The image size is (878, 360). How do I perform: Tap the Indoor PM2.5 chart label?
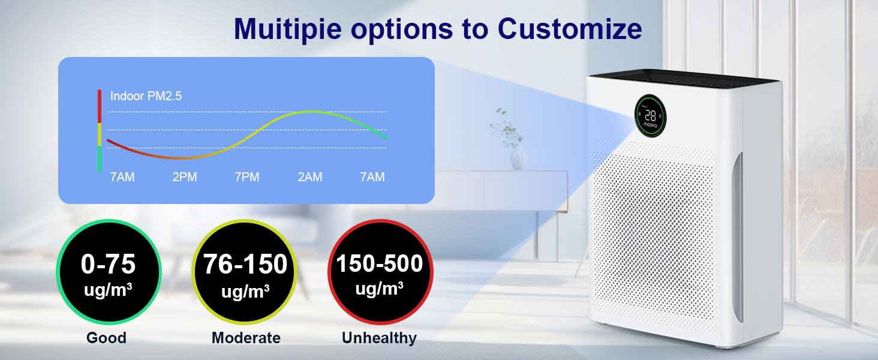tap(146, 96)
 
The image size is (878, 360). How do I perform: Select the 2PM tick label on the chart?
tap(184, 177)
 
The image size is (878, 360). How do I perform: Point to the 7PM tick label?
tap(246, 177)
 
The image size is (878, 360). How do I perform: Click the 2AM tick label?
tap(309, 177)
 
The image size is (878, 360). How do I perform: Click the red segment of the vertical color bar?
tap(100, 106)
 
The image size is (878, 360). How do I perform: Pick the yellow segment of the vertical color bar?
tap(100, 134)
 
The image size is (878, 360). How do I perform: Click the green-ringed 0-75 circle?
tap(109, 273)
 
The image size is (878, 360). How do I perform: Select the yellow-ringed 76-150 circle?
tap(245, 273)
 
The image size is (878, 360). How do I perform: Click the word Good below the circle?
tap(106, 338)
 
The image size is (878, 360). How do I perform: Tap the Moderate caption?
tap(245, 338)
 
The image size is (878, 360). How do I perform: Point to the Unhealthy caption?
tap(379, 338)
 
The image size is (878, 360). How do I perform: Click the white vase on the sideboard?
tap(518, 158)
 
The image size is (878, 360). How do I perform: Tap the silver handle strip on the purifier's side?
tap(738, 237)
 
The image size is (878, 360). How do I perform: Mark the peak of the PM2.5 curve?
tap(309, 112)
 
